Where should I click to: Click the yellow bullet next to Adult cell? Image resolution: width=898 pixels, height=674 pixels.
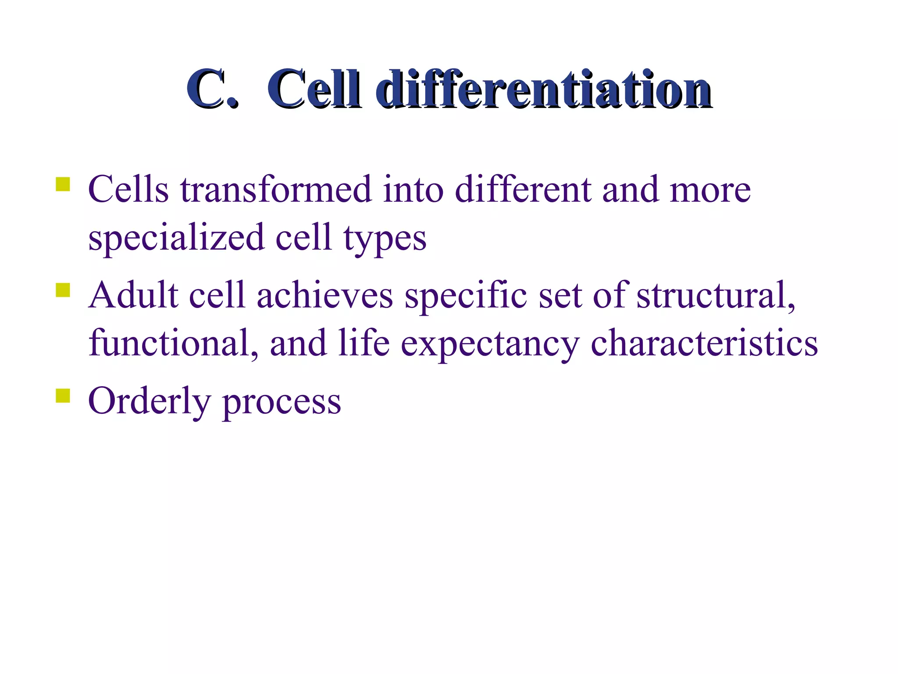pos(63,290)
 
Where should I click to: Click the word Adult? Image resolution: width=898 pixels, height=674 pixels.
pos(133,295)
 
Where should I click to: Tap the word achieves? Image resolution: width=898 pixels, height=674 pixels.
pos(324,295)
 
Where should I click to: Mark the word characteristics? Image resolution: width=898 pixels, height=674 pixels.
pos(704,343)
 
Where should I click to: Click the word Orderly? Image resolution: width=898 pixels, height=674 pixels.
pos(149,402)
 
